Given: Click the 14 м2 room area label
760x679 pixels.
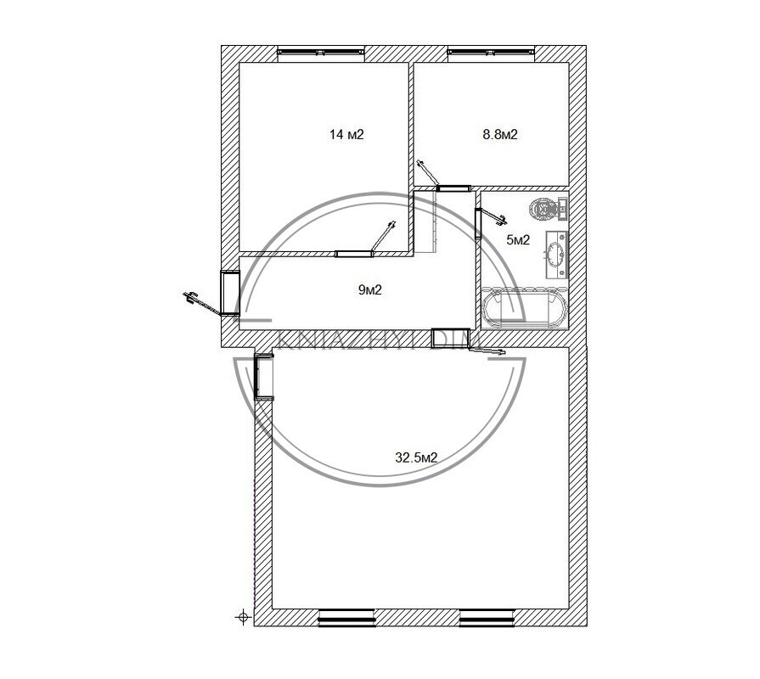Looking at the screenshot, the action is pyautogui.click(x=346, y=134).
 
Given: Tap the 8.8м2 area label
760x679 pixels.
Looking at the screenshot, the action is pyautogui.click(x=499, y=134).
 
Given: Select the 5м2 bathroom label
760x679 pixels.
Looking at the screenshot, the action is pyautogui.click(x=518, y=239).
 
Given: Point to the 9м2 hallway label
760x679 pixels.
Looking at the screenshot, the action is pyautogui.click(x=370, y=289).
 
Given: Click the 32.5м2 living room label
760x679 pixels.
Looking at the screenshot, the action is pyautogui.click(x=416, y=457).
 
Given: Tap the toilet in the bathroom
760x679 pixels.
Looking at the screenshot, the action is pyautogui.click(x=549, y=210).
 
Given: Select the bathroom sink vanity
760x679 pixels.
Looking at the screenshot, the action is pyautogui.click(x=556, y=255).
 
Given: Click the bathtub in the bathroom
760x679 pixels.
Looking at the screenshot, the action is pyautogui.click(x=524, y=307).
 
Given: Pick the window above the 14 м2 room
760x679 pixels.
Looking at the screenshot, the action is pyautogui.click(x=320, y=51).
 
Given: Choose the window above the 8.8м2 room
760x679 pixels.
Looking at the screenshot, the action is pyautogui.click(x=491, y=51).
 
